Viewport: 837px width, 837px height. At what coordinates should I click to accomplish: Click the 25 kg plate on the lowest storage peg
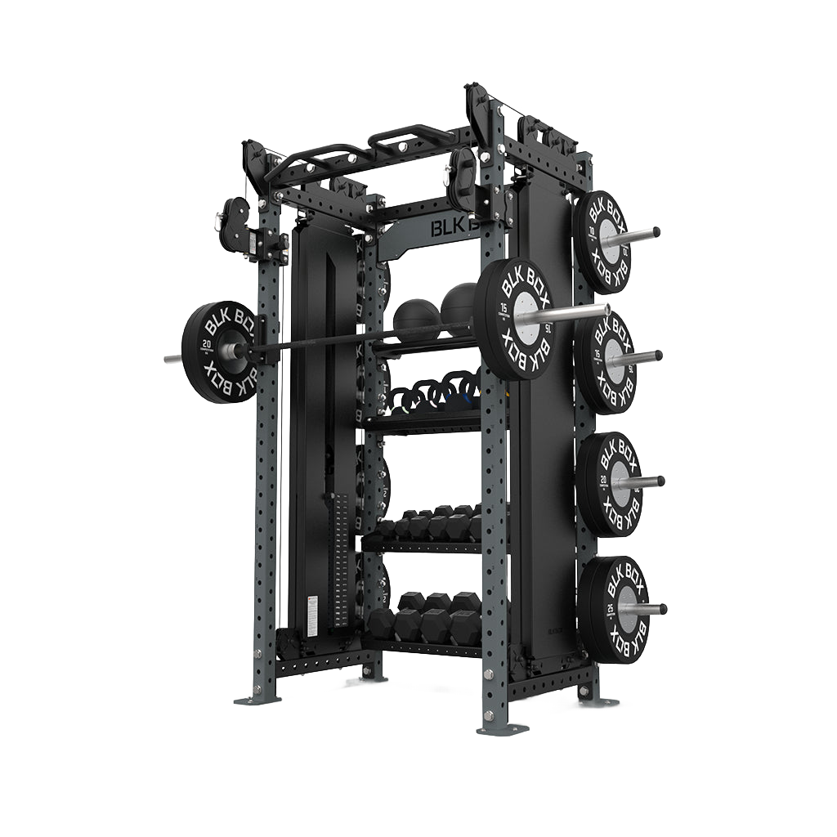point(613,609)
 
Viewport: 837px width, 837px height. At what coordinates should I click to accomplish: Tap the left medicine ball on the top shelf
point(416,318)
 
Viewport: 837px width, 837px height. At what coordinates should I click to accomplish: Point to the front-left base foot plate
point(257,699)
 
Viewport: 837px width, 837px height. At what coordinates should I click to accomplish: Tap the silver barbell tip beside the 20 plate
point(173,358)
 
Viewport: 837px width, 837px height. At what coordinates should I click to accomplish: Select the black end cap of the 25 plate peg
point(663,609)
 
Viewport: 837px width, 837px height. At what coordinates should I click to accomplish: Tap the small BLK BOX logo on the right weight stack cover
point(557,630)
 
